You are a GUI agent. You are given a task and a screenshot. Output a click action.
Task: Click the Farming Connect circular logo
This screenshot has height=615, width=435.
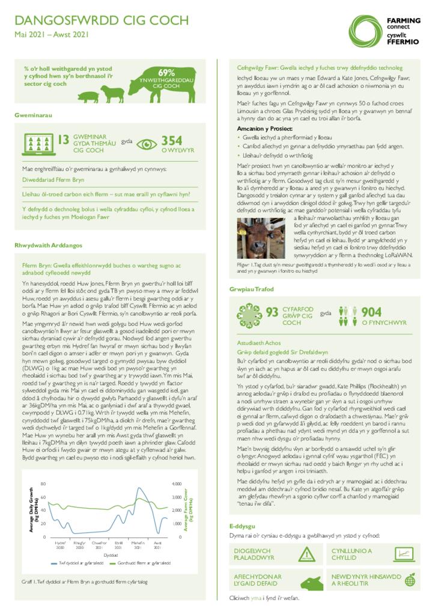point(365,29)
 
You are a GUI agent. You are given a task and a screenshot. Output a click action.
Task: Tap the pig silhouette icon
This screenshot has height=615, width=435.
point(88,97)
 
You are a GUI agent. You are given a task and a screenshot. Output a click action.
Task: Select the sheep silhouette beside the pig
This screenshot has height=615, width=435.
point(112,93)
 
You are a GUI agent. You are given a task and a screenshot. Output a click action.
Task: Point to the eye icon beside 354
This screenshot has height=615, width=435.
point(147,144)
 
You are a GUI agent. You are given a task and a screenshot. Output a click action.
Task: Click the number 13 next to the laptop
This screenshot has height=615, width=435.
point(62,141)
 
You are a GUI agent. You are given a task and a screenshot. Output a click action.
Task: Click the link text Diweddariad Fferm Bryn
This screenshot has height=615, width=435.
point(53,180)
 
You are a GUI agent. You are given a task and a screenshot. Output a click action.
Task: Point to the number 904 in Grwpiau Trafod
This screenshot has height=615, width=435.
point(371,312)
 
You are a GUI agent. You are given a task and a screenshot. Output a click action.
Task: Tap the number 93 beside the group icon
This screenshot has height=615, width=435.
point(272,312)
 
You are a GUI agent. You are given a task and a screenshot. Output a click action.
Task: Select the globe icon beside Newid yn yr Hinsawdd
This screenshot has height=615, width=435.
point(410,580)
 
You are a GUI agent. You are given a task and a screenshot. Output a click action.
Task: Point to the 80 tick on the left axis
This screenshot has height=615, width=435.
point(43,484)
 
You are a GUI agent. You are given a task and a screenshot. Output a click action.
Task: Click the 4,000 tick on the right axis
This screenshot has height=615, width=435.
point(177,484)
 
